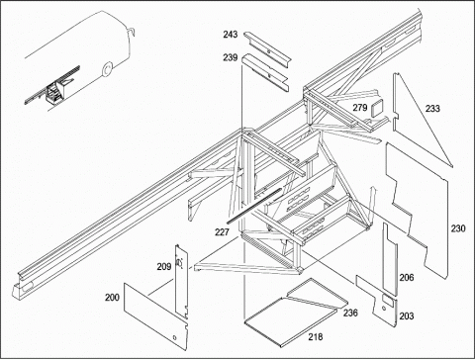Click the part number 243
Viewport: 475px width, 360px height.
[x=231, y=35]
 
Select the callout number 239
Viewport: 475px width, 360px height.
[x=231, y=57]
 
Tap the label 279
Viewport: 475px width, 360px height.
[x=360, y=108]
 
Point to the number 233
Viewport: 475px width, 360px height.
[x=432, y=108]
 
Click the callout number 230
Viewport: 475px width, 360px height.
[x=458, y=228]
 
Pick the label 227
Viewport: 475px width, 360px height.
[x=222, y=232]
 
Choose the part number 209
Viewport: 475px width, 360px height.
[x=164, y=266]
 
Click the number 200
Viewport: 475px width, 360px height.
[x=112, y=298]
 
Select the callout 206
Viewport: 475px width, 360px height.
[x=407, y=278]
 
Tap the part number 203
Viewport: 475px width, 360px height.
[x=407, y=316]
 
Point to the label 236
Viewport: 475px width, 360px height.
[x=350, y=313]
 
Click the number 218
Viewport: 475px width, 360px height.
[x=316, y=337]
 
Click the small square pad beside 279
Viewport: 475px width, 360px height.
[x=376, y=106]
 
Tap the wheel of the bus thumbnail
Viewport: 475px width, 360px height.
[x=107, y=69]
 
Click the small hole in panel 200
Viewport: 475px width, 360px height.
[x=174, y=337]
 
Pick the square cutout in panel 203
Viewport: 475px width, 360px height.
[x=387, y=300]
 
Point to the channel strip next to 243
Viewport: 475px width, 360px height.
[x=268, y=49]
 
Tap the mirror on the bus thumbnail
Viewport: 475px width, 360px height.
[x=132, y=31]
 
